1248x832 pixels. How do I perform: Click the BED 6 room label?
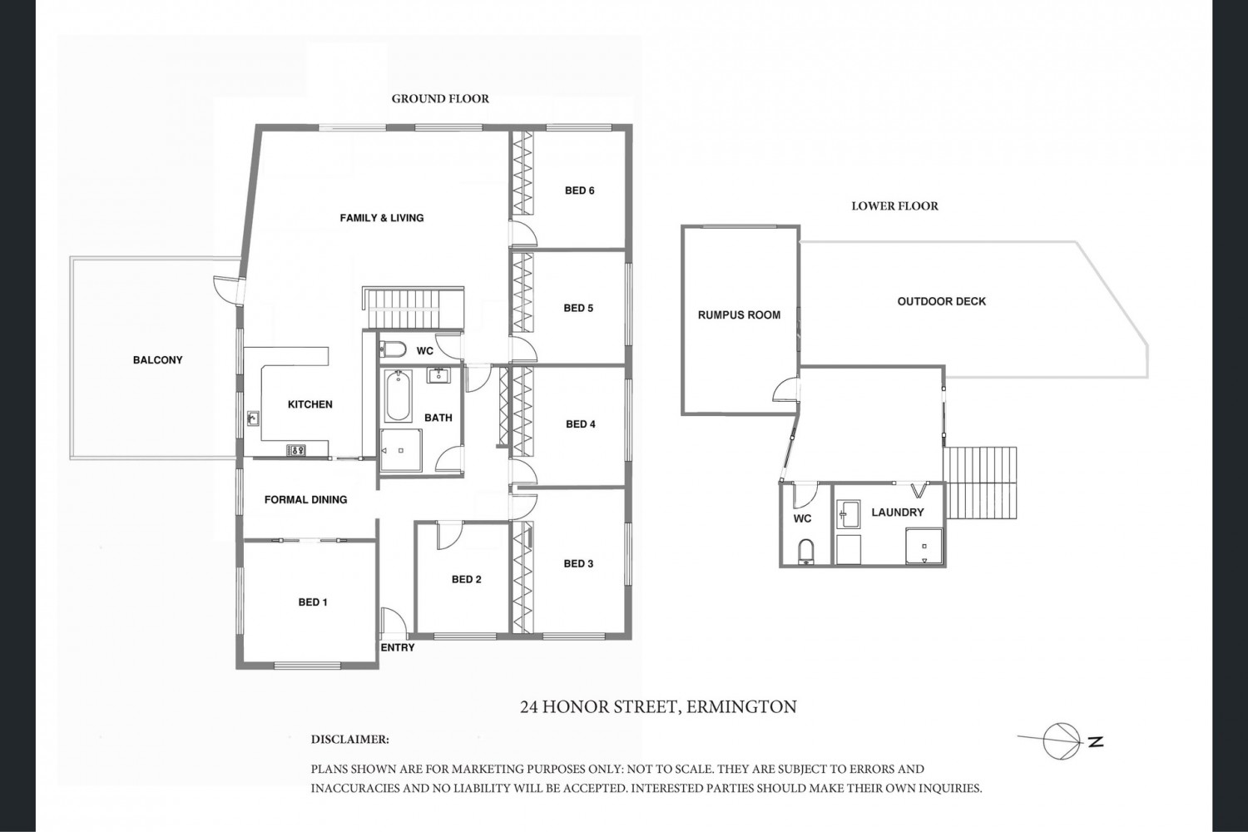(x=579, y=191)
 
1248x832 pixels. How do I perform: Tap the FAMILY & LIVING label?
(x=382, y=218)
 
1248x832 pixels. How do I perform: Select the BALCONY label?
(x=158, y=360)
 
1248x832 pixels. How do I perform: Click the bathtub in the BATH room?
(x=397, y=396)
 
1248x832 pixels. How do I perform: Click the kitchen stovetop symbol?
(x=296, y=450)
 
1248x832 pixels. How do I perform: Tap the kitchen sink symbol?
(x=252, y=418)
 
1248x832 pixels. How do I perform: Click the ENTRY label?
(x=397, y=647)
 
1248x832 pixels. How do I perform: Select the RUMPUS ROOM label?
(x=739, y=314)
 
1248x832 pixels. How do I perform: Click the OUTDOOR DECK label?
(x=942, y=301)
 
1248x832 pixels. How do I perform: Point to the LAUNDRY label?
(x=898, y=513)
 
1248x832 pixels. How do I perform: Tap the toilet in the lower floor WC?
(x=805, y=552)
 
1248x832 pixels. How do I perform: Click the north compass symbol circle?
(x=1061, y=741)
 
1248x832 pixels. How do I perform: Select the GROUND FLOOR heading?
(x=440, y=99)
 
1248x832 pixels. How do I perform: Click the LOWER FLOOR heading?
(x=894, y=206)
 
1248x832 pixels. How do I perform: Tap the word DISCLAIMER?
(x=349, y=740)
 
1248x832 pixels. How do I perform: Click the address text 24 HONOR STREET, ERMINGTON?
(x=658, y=707)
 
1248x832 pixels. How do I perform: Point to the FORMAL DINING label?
(x=305, y=500)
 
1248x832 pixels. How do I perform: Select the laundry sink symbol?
(x=848, y=514)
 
